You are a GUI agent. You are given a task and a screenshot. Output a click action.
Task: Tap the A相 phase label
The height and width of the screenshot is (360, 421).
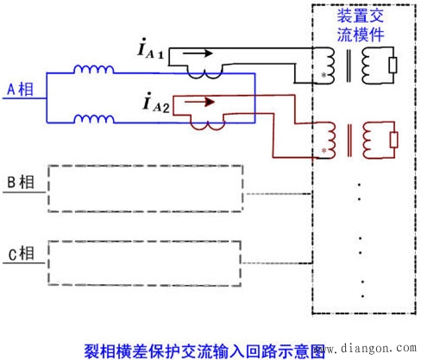coord(20,89)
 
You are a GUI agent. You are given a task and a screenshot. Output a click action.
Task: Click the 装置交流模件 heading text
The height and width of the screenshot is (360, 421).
coord(361,25)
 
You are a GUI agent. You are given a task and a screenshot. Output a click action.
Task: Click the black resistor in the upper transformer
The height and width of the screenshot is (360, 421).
coord(393,65)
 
